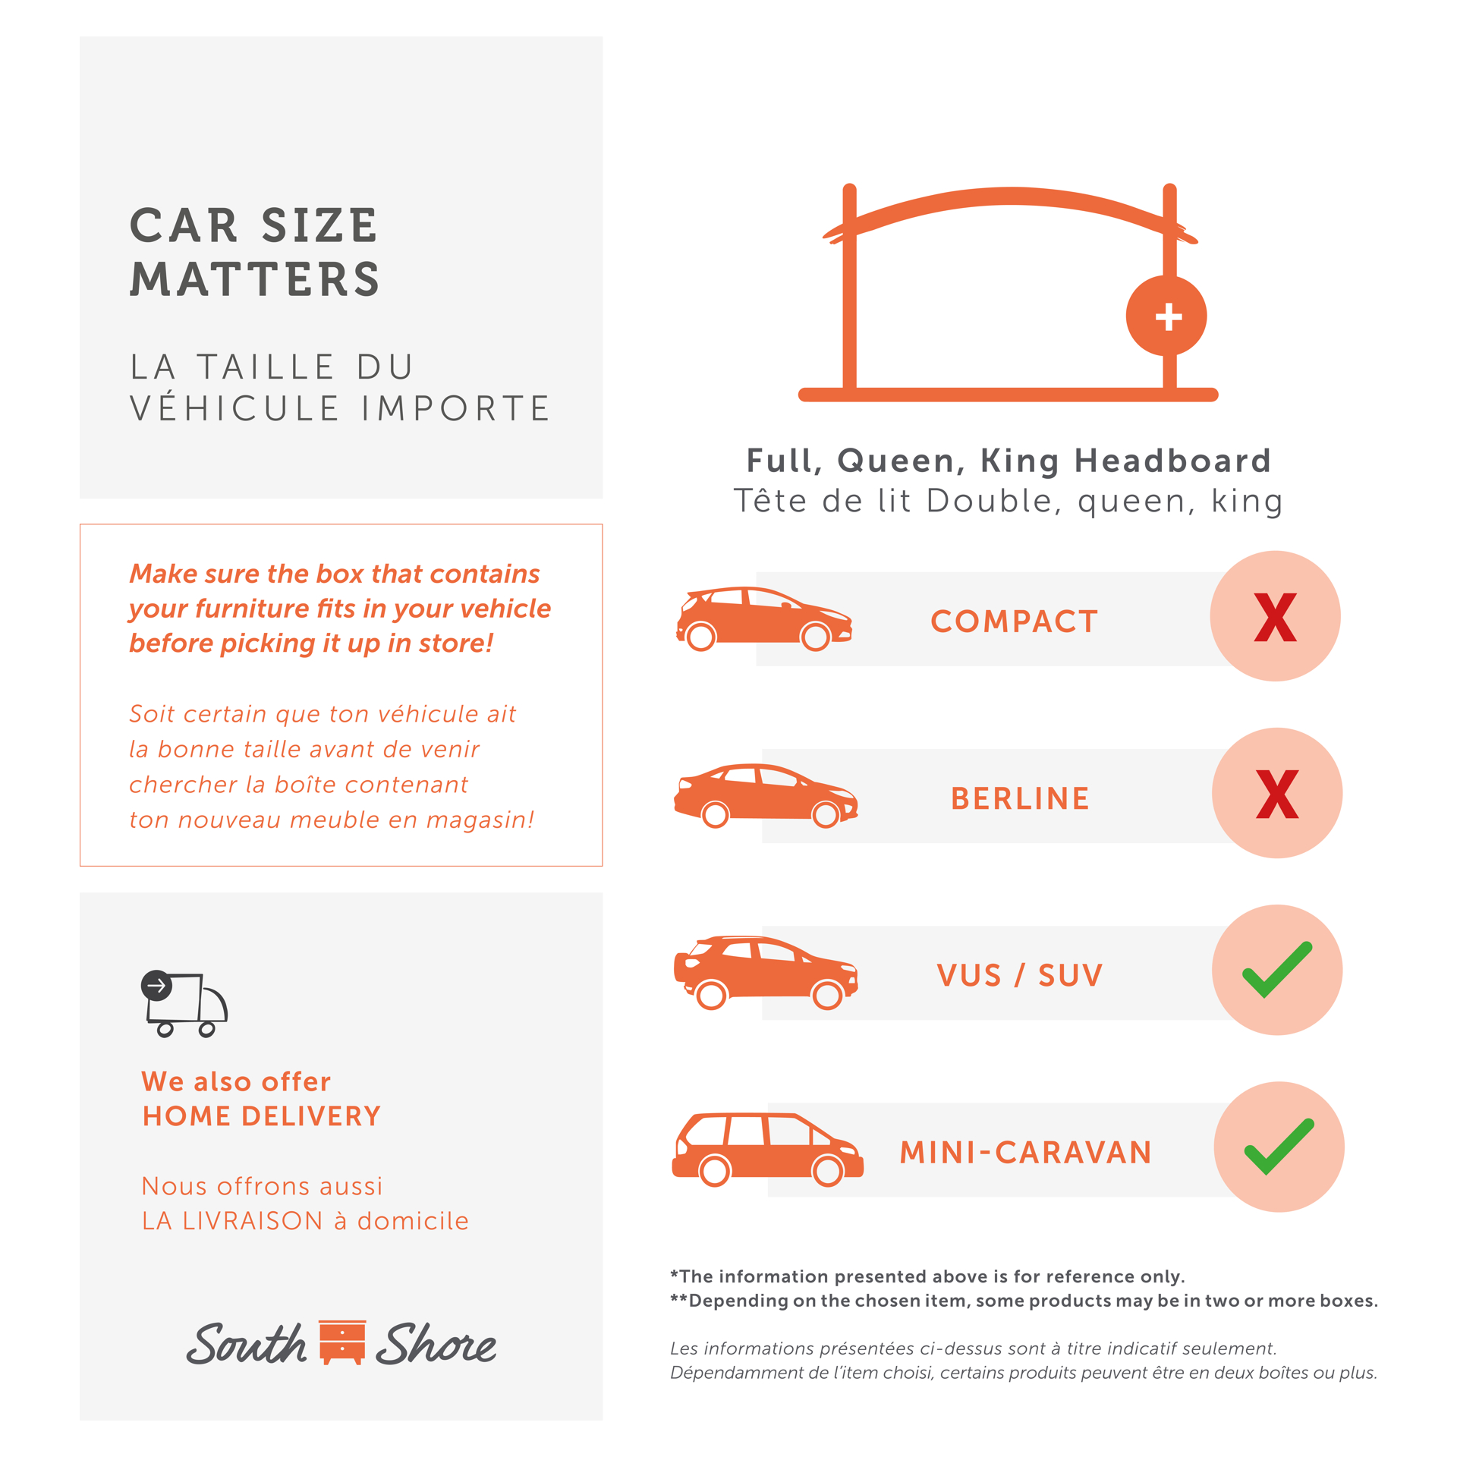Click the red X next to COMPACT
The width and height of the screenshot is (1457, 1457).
1275,617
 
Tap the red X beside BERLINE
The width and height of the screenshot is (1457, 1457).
1277,794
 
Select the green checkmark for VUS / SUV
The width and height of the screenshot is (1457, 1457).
1277,970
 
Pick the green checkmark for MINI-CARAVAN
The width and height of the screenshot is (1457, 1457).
1279,1147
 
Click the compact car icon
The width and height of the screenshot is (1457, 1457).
764,618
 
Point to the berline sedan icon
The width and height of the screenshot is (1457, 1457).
766,795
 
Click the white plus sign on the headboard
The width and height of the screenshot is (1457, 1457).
1169,316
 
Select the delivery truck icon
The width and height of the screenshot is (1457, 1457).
184,1003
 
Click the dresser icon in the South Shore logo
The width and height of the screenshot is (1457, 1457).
342,1342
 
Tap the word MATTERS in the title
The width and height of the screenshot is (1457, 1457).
255,279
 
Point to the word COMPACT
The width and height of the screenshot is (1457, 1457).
1014,622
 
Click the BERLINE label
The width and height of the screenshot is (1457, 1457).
1020,798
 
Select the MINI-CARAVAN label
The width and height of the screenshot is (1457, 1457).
1026,1152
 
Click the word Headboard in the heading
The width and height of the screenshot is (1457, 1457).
1172,461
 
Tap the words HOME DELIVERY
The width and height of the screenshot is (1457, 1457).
262,1116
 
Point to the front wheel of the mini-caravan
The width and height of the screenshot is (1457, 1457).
827,1171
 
